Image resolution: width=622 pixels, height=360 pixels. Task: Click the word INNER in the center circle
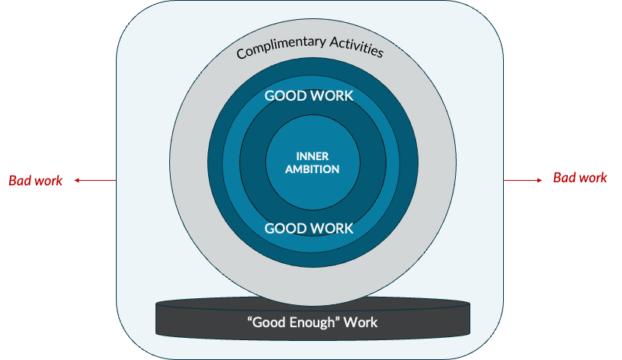313,157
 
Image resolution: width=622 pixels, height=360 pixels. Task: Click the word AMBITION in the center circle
313,169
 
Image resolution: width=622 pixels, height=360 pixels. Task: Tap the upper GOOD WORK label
309,96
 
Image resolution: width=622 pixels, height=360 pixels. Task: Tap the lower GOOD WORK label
309,228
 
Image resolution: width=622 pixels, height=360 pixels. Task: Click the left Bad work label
36,181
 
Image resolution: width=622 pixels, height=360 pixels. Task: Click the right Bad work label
580,178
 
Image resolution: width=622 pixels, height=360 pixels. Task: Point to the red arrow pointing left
95,181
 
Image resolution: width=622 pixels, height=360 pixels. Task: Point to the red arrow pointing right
523,180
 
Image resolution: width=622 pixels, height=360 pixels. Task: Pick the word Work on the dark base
361,323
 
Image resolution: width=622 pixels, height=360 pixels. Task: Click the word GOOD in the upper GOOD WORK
286,96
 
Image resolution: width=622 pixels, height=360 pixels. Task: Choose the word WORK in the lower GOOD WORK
332,228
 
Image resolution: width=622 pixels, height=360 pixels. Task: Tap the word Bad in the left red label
20,181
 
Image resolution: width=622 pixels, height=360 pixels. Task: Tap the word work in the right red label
592,178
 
